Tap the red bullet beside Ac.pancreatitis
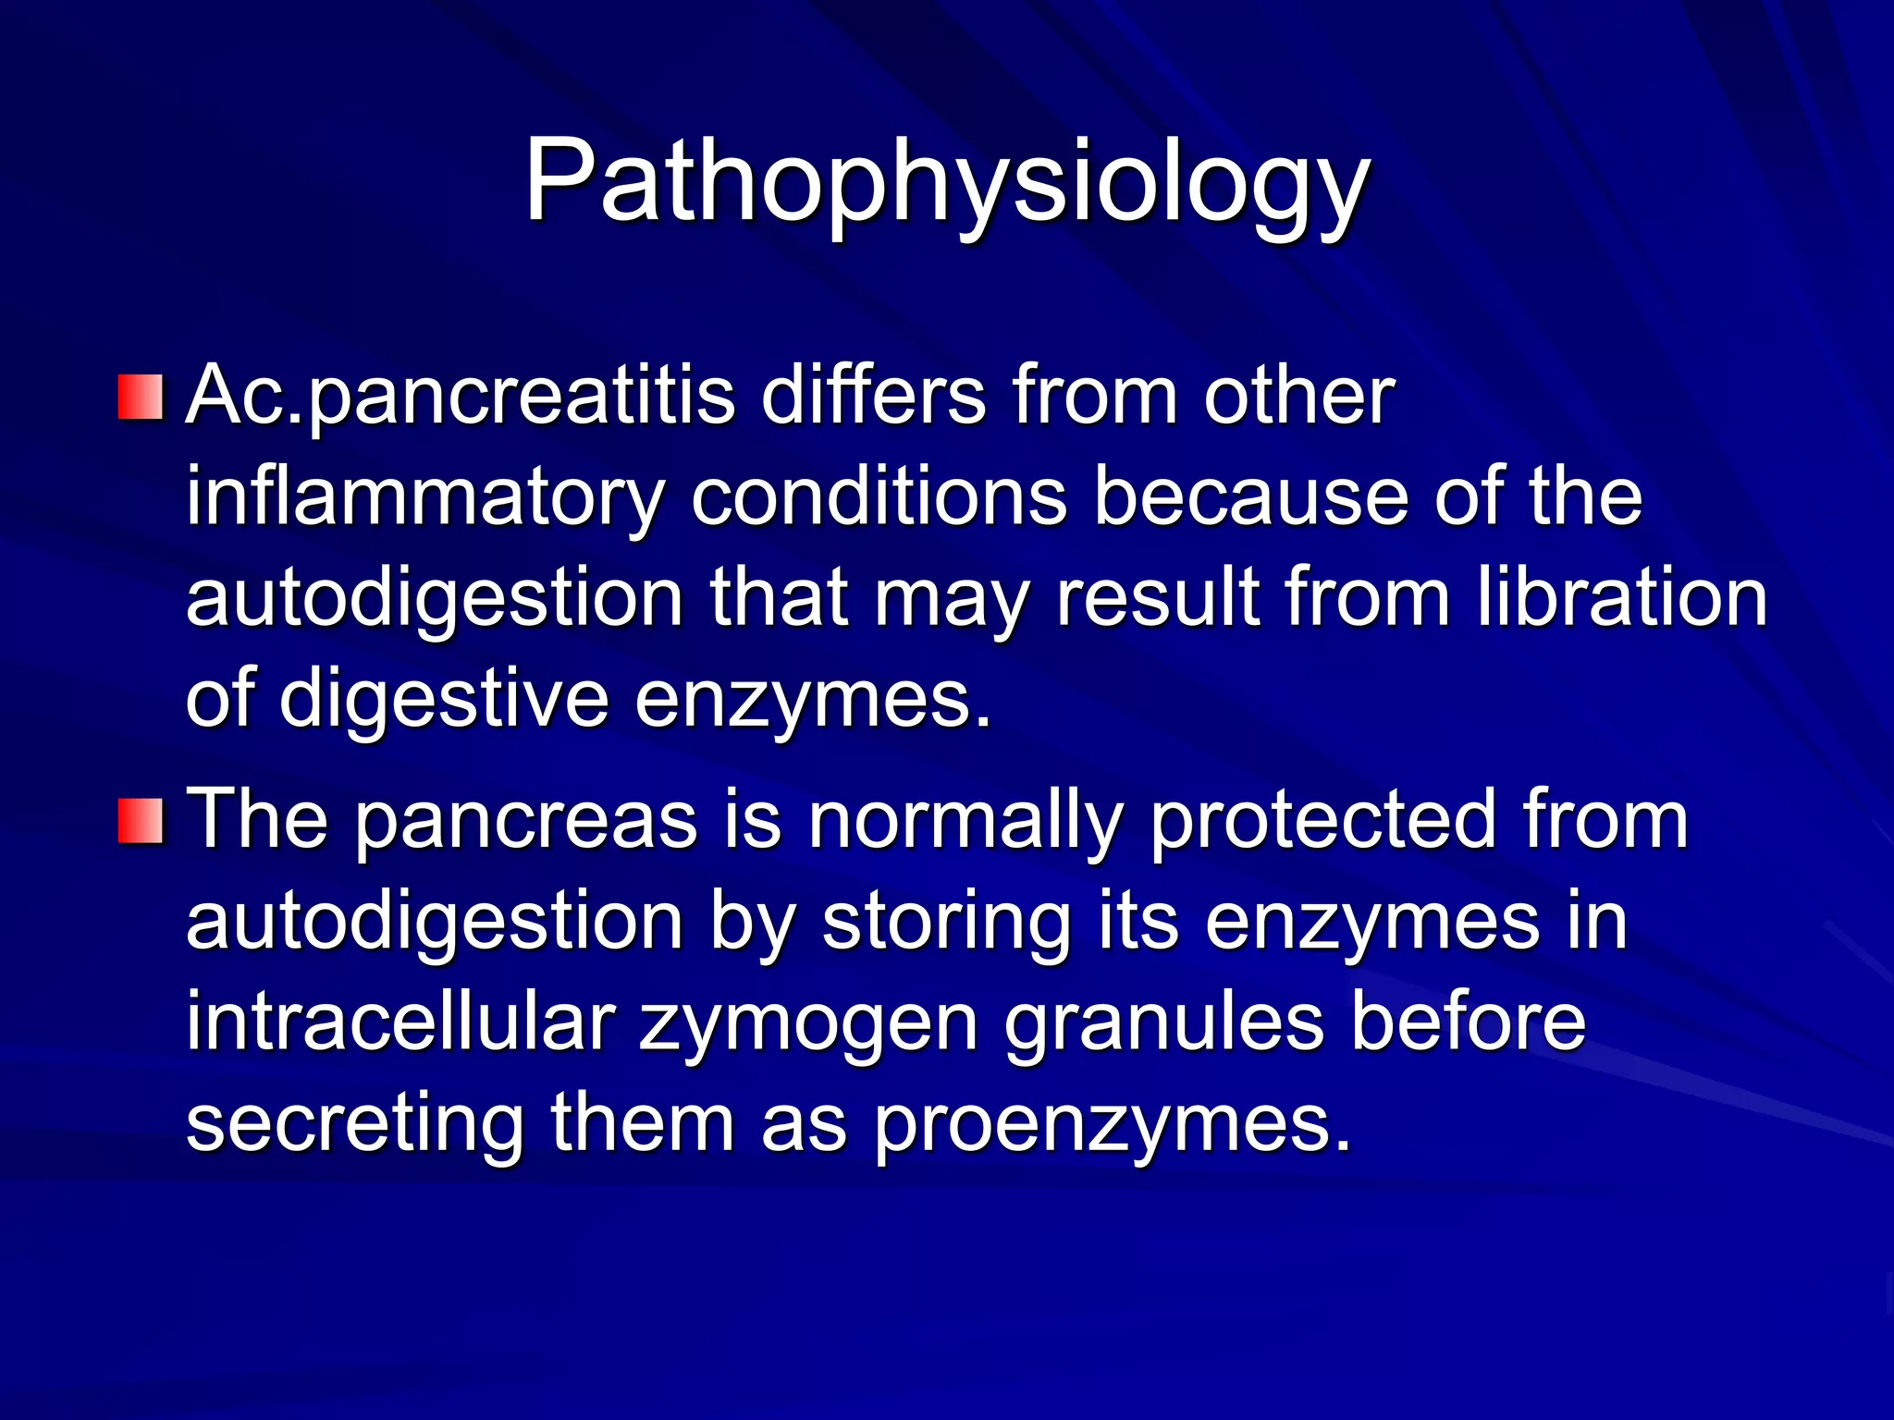(141, 398)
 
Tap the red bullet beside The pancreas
(141, 821)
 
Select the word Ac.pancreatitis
(461, 398)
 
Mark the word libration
(1621, 598)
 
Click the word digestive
(444, 700)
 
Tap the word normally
(965, 821)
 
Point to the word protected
(1323, 821)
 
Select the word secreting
(355, 1124)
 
